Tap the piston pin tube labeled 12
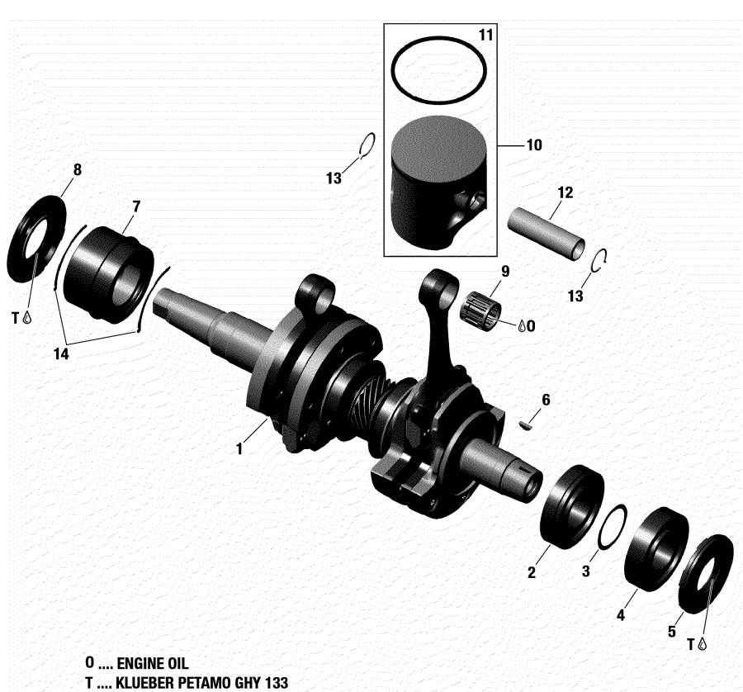[x=547, y=236]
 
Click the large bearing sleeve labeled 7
[x=107, y=270]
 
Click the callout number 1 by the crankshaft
[x=239, y=449]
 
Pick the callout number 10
[x=533, y=145]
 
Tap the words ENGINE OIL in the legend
[x=153, y=663]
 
